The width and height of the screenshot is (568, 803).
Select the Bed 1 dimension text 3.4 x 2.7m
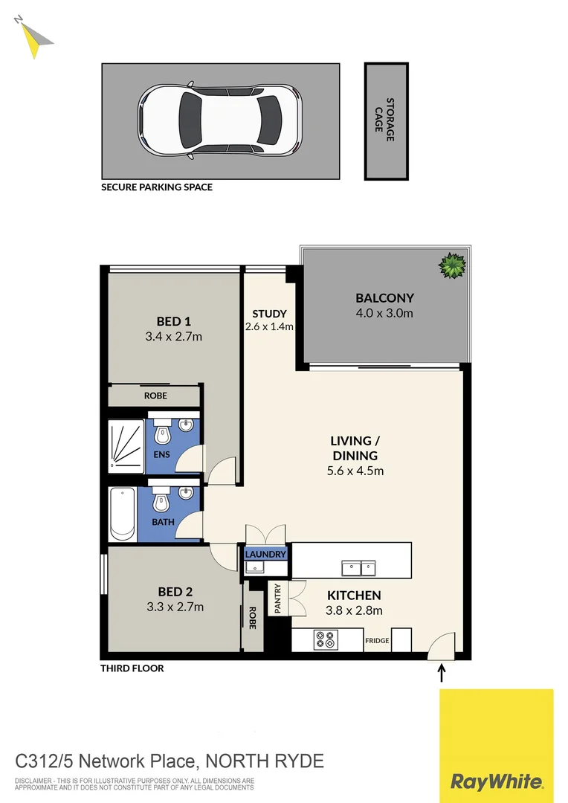point(175,337)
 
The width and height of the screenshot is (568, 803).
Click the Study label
point(269,314)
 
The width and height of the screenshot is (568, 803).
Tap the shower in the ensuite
point(126,445)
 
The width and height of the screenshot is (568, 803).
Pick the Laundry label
point(265,555)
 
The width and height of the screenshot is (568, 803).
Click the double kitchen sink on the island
point(361,569)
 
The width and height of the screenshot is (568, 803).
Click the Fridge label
point(377,641)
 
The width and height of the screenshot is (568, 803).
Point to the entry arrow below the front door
point(442,674)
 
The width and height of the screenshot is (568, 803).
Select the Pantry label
point(277,599)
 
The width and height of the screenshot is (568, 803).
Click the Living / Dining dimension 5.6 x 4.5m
point(355,471)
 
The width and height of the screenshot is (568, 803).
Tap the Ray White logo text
point(496,781)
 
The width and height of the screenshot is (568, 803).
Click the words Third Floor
point(132,668)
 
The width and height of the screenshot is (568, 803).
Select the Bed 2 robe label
point(253,619)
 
